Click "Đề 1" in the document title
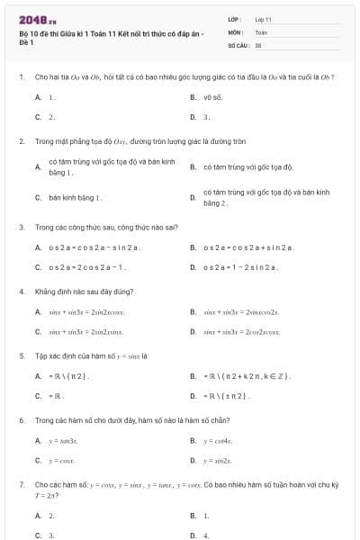(x=26, y=42)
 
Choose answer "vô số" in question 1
(x=212, y=96)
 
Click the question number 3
(x=21, y=228)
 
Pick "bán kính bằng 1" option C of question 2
(x=76, y=197)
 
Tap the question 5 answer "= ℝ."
(x=57, y=396)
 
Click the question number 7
(x=21, y=484)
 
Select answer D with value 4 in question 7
(x=206, y=535)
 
